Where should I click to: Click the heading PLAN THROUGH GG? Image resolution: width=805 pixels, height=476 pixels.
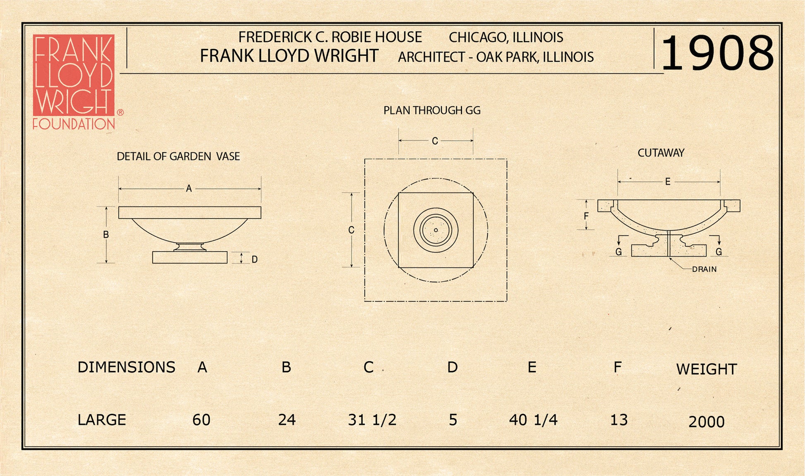[x=432, y=111]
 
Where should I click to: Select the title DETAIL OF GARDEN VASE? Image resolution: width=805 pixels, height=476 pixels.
[x=178, y=156]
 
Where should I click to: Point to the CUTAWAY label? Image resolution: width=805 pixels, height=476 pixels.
[x=661, y=153]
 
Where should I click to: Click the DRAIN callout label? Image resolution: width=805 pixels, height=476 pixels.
[x=704, y=269]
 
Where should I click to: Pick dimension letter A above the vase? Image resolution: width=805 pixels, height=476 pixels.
[x=189, y=189]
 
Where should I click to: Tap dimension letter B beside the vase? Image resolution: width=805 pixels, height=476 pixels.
[x=106, y=235]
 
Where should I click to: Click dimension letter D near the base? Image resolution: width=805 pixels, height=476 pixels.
[x=255, y=260]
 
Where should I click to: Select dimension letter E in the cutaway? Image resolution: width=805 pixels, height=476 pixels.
[x=668, y=182]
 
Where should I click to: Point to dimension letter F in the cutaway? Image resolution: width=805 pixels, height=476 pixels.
[x=586, y=216]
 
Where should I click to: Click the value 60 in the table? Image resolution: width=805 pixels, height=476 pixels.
[x=201, y=420]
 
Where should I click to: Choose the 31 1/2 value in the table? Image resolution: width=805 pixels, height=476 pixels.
[x=372, y=420]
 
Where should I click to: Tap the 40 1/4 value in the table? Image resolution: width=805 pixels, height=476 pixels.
[x=533, y=420]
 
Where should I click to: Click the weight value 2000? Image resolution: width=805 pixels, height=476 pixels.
[x=707, y=422]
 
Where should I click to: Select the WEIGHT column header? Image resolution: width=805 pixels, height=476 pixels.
[x=707, y=369]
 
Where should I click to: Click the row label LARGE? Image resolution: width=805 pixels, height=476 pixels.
[x=102, y=420]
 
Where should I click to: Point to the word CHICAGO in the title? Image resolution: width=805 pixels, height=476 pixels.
[x=474, y=38]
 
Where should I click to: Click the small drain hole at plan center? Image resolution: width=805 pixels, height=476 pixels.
[x=436, y=230]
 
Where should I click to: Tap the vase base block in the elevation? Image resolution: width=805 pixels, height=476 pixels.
[x=190, y=257]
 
